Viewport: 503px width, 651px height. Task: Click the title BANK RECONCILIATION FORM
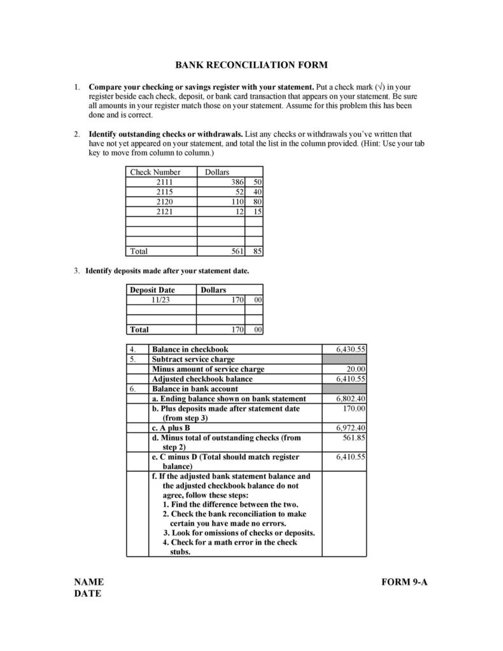(x=251, y=65)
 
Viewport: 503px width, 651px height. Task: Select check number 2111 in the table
(x=164, y=182)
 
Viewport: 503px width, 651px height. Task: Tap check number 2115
(x=164, y=192)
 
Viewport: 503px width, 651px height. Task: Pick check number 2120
(x=164, y=201)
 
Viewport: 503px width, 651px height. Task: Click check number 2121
(x=164, y=211)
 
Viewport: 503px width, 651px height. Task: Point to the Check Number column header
(x=155, y=172)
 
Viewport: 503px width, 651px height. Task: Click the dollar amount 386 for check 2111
(x=237, y=182)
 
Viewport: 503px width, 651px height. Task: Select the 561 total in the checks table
(x=237, y=251)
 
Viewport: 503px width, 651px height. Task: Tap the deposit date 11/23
(x=160, y=299)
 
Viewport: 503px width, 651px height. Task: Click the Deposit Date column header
(x=152, y=290)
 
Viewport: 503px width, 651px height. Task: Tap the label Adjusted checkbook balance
(x=202, y=379)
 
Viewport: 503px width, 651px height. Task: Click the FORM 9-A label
(x=404, y=582)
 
